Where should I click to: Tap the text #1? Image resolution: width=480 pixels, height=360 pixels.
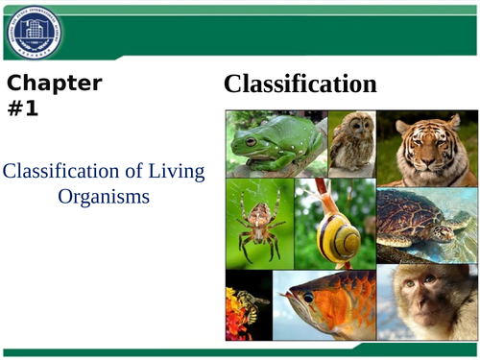[23, 108]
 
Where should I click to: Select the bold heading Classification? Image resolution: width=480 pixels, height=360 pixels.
[300, 84]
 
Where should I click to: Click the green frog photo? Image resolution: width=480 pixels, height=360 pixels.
[276, 144]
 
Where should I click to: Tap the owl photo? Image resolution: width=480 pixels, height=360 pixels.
[351, 144]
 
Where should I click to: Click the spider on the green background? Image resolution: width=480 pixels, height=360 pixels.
[258, 225]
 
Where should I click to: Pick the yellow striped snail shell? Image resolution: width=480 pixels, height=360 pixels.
[339, 236]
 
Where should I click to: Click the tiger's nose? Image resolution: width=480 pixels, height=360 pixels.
[422, 160]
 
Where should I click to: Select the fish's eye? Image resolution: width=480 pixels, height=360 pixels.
[309, 298]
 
